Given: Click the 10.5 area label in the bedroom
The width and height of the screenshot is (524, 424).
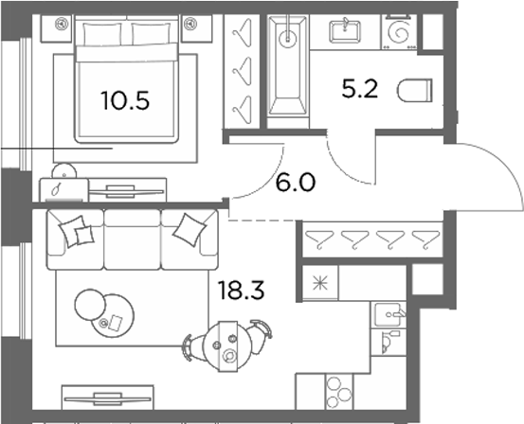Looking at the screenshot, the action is tap(125, 100).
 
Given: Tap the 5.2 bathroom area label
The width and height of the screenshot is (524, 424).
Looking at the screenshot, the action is tap(359, 89).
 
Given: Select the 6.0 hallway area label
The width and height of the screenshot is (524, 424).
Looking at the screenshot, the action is tap(296, 183).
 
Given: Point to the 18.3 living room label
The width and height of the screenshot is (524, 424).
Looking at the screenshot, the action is tap(241, 291).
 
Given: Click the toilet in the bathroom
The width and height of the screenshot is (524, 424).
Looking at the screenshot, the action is tap(415, 91).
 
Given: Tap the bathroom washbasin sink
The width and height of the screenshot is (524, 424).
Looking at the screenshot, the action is tap(345, 32).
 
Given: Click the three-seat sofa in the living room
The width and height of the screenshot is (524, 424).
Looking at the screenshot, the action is tap(133, 239).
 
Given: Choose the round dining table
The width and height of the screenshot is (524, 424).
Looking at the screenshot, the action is tap(227, 346).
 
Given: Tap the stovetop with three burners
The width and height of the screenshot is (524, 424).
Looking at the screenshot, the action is tap(339, 392).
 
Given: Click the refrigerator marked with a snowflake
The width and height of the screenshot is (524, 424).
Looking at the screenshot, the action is tap(320, 283).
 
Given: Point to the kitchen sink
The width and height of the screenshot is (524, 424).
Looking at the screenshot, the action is tap(388, 314).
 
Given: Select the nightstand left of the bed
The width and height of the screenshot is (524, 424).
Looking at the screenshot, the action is tap(56, 28).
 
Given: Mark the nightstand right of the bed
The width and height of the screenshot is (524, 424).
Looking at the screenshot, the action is tap(197, 28).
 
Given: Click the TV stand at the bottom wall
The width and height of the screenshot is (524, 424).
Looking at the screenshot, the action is tap(108, 397).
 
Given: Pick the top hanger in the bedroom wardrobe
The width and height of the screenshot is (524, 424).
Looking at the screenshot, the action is tap(242, 30).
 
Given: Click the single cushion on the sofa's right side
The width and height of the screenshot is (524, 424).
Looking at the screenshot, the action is tap(190, 230).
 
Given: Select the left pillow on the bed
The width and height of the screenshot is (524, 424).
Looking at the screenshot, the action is tap(102, 34).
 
